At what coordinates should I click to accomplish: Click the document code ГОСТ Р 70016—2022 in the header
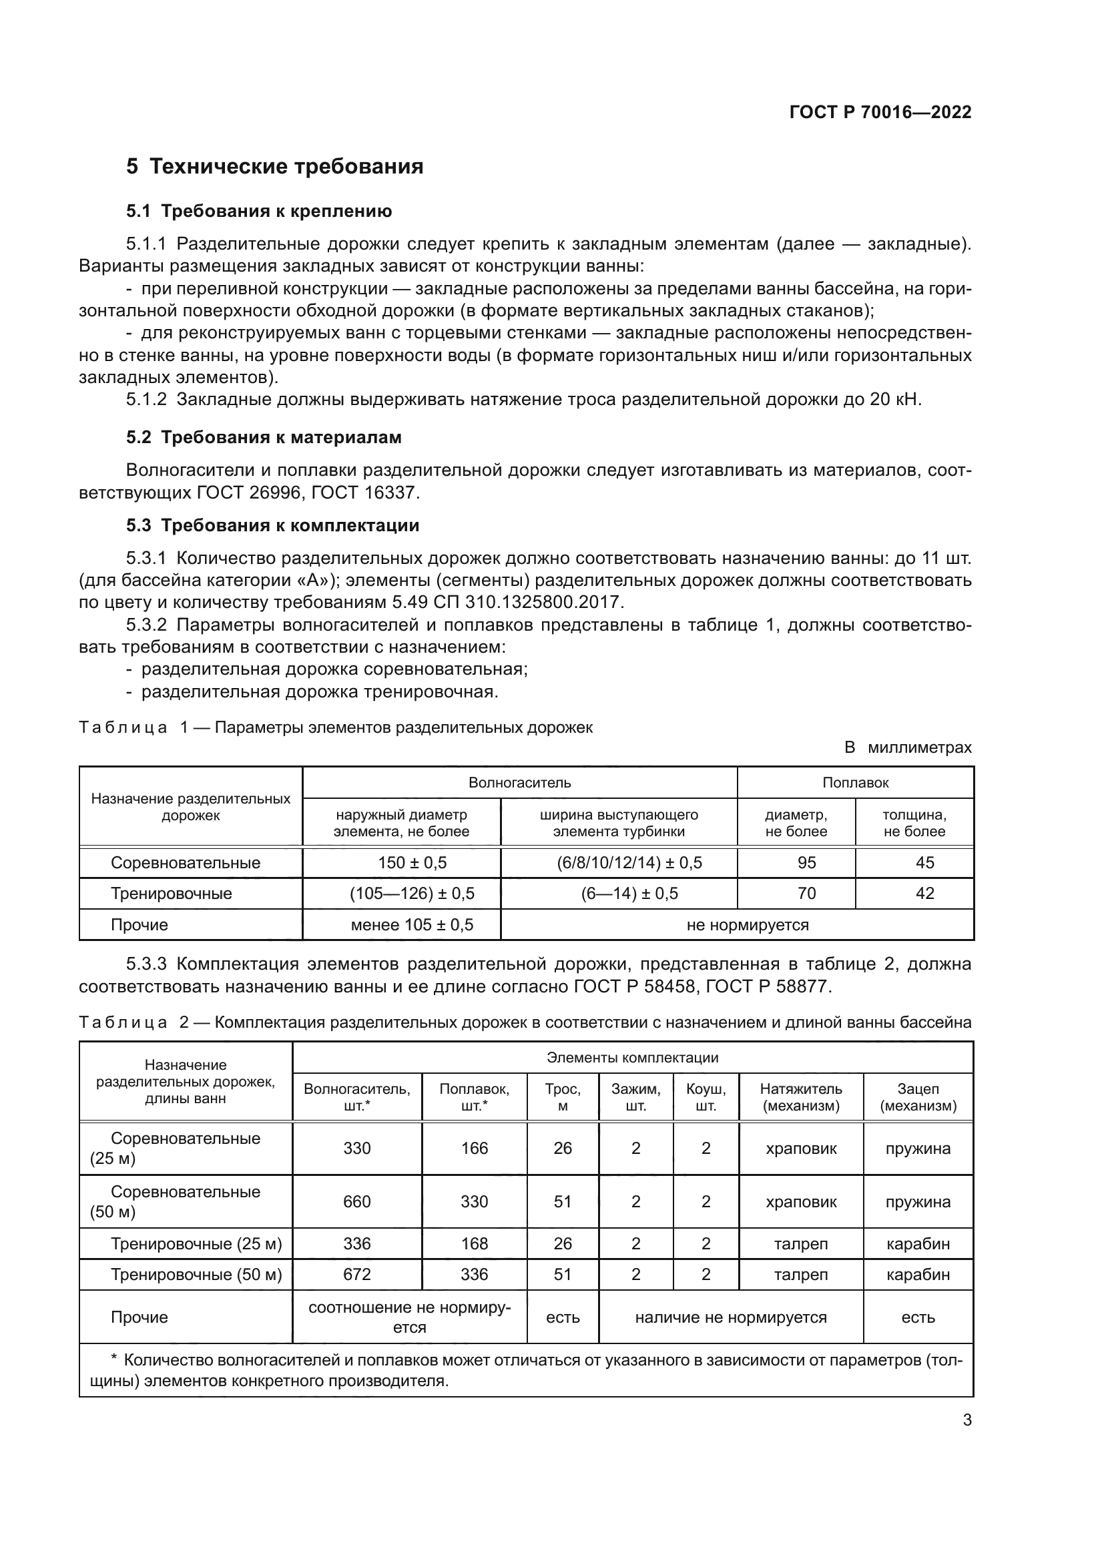pyautogui.click(x=880, y=112)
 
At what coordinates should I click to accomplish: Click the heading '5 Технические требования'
pyautogui.click(x=274, y=167)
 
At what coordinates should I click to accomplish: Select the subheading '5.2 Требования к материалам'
pyautogui.click(x=264, y=437)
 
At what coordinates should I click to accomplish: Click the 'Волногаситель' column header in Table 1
pyautogui.click(x=519, y=783)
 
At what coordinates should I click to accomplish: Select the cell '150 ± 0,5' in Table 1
pyautogui.click(x=412, y=863)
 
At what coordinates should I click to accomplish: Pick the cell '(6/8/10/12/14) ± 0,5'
pyautogui.click(x=629, y=863)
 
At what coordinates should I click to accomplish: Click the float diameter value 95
pyautogui.click(x=806, y=863)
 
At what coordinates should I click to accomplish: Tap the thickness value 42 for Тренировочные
pyautogui.click(x=924, y=894)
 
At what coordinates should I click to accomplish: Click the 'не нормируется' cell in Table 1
pyautogui.click(x=747, y=924)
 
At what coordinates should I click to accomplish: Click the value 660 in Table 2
pyautogui.click(x=356, y=1202)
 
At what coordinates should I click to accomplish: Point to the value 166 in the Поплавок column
pyautogui.click(x=474, y=1149)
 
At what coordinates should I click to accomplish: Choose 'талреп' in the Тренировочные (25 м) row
pyautogui.click(x=801, y=1244)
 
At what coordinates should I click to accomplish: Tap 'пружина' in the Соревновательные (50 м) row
pyautogui.click(x=918, y=1202)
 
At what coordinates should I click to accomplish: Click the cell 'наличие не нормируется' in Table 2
pyautogui.click(x=730, y=1317)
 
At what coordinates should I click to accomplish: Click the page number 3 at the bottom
pyautogui.click(x=967, y=1420)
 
